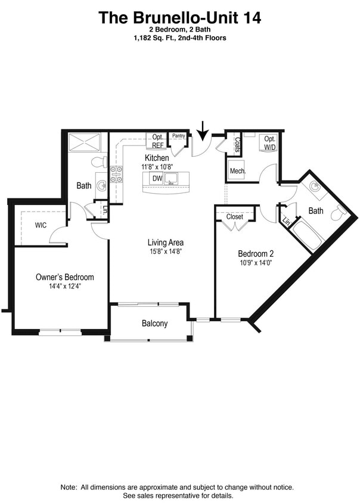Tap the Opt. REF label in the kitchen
[x=158, y=140]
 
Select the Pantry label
[x=178, y=136]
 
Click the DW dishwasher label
[x=157, y=178]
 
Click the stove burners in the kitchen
[x=117, y=173]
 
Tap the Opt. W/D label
[x=270, y=142]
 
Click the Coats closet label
[x=237, y=145]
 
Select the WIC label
[x=41, y=225]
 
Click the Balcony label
[x=154, y=324]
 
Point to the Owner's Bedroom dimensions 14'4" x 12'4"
[x=65, y=287]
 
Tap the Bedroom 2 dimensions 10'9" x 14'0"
[x=255, y=262]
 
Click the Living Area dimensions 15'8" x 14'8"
[x=165, y=251]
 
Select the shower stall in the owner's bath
[x=86, y=144]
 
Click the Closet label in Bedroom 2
[x=235, y=216]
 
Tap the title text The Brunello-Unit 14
[x=180, y=18]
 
